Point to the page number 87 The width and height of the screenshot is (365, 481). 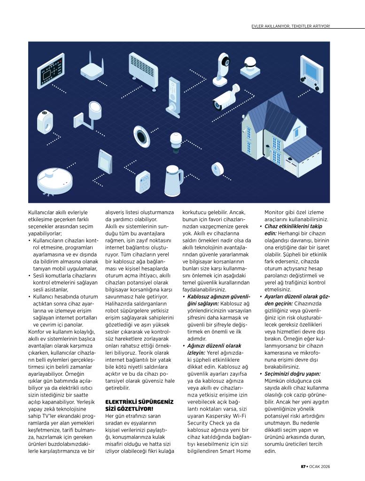(x=303, y=466)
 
